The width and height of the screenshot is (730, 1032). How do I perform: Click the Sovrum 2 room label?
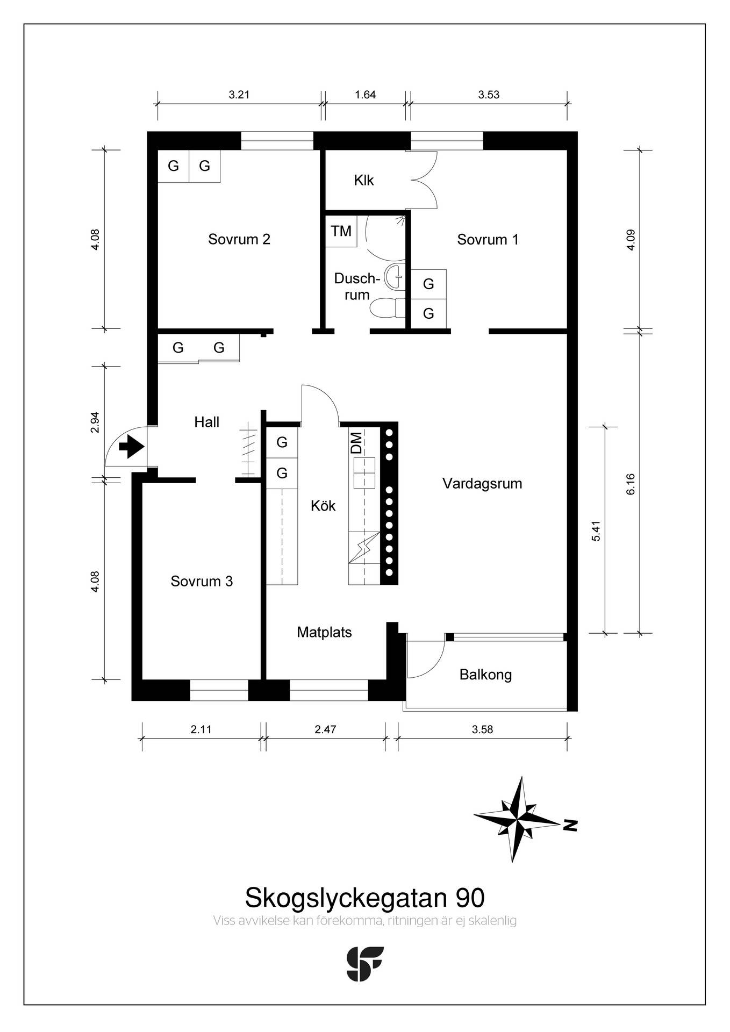(x=239, y=239)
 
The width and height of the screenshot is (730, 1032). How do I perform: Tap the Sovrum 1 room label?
(x=488, y=239)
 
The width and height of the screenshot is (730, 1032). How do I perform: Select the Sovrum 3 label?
(x=202, y=581)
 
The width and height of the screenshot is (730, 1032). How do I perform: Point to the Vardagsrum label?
(x=482, y=484)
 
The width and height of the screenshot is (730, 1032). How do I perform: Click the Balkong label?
(x=485, y=675)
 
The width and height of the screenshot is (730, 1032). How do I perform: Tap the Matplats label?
(x=324, y=632)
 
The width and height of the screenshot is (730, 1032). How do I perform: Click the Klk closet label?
(x=364, y=180)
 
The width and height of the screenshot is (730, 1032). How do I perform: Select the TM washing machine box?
(x=341, y=231)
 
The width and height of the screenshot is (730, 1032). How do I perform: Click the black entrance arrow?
(x=131, y=447)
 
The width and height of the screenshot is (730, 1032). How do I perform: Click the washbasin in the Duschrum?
(x=395, y=276)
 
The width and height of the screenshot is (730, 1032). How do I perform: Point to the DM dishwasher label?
(x=356, y=443)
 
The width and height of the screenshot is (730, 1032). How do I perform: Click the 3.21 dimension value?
(x=239, y=95)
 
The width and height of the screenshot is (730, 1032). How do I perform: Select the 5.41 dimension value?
(x=595, y=531)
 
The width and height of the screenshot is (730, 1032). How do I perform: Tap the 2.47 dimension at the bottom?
(x=325, y=729)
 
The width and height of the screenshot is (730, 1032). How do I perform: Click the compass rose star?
(x=517, y=820)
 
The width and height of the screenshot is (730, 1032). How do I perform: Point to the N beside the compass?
(x=570, y=825)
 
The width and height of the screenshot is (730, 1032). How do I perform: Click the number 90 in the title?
(x=470, y=897)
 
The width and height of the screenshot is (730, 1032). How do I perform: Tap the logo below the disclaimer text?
(x=365, y=964)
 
